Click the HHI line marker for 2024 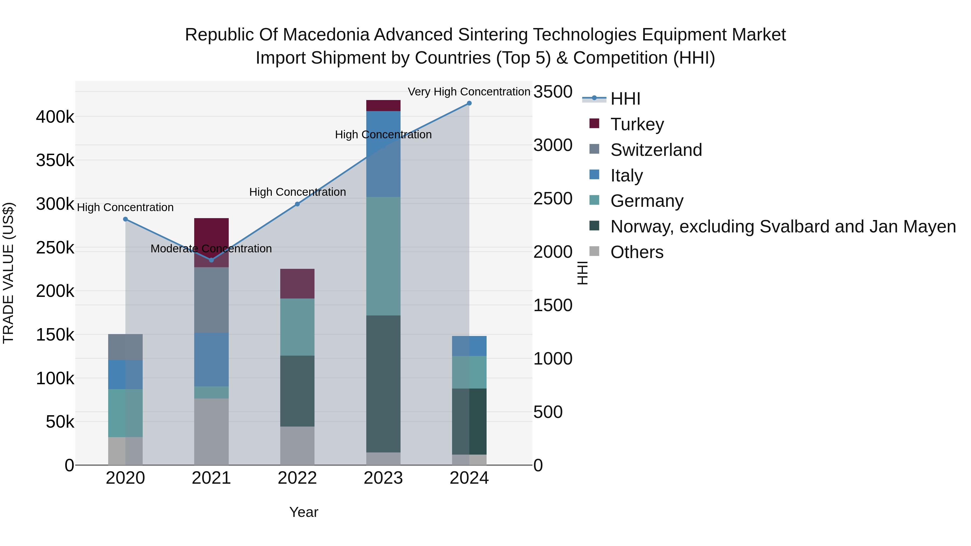point(469,103)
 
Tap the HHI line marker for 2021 point(211,260)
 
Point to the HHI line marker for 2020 point(125,219)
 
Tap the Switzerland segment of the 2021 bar point(211,300)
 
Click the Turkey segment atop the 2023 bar point(383,105)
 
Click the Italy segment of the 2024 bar point(469,346)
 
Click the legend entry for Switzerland point(656,150)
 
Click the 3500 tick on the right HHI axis point(553,92)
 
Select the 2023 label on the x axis point(383,478)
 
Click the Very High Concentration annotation point(469,92)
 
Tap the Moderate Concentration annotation point(211,249)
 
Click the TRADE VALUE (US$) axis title point(8,273)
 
